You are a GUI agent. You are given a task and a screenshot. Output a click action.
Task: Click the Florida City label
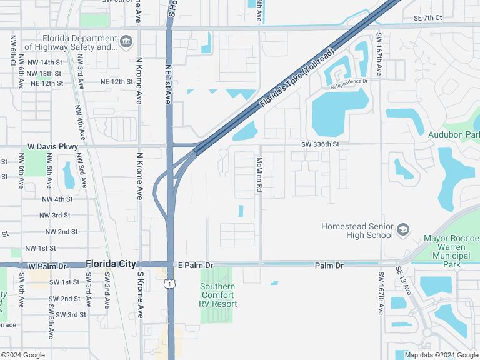(x=111, y=264)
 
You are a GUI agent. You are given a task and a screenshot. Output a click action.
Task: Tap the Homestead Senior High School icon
(x=403, y=230)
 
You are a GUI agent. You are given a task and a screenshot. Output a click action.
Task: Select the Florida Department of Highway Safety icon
(x=127, y=42)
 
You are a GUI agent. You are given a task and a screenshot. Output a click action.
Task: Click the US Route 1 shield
(x=170, y=284)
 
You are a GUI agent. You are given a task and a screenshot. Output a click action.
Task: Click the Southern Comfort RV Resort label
(x=218, y=295)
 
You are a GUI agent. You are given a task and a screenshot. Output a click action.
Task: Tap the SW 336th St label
(x=320, y=144)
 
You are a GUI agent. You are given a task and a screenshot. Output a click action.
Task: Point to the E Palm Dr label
(x=196, y=266)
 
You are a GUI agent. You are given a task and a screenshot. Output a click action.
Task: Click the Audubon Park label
(x=454, y=134)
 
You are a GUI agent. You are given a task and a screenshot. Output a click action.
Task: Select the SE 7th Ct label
(x=427, y=18)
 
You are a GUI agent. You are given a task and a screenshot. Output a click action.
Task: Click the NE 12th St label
(x=117, y=82)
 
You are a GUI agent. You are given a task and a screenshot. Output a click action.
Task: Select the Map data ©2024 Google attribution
(x=445, y=355)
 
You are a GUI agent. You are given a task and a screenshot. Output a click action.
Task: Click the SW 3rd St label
(x=71, y=315)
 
